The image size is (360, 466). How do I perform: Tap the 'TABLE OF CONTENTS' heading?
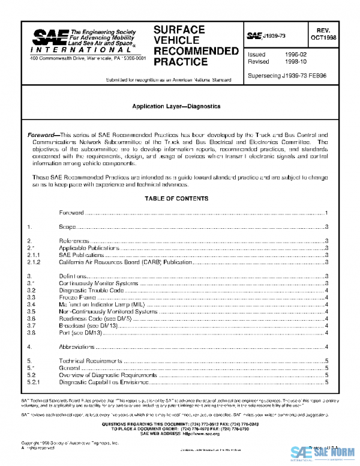(x=176, y=198)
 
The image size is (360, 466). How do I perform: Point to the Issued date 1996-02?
(x=295, y=55)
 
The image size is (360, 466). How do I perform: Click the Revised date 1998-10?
(x=295, y=62)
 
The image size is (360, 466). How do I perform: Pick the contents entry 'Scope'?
(x=67, y=226)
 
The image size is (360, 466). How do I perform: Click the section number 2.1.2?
(x=34, y=262)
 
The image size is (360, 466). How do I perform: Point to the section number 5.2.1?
(x=34, y=382)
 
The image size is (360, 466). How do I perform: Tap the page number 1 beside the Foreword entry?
(x=326, y=213)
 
